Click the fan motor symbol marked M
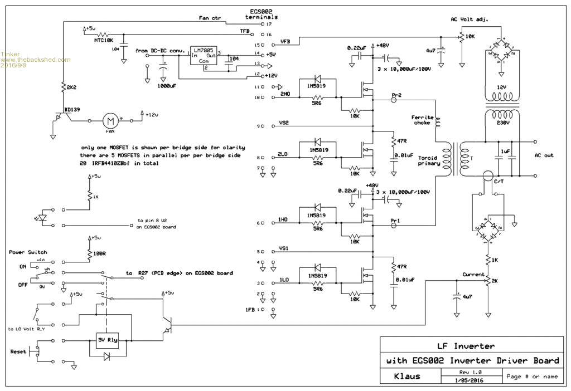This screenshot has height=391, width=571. (x=110, y=120)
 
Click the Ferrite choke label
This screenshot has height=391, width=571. (x=422, y=120)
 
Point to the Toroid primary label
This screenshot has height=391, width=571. (x=429, y=160)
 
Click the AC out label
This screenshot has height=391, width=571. (x=544, y=155)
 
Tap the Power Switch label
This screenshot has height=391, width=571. (x=28, y=252)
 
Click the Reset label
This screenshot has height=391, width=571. (x=18, y=351)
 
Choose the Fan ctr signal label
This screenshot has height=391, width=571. (x=210, y=18)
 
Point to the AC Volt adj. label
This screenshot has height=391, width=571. (x=470, y=19)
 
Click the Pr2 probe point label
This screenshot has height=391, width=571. (x=396, y=95)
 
